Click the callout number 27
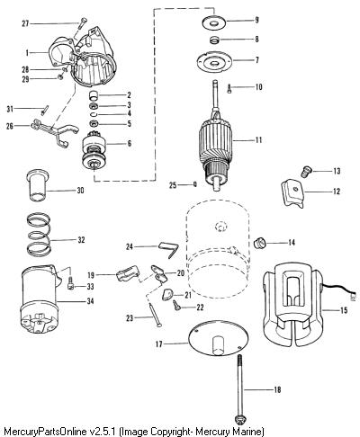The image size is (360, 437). coord(25,23)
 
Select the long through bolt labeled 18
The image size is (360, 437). coord(240,388)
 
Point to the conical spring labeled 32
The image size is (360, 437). coord(39,234)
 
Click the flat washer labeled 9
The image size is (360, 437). coord(214,22)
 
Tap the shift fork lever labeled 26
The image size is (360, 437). coord(55,132)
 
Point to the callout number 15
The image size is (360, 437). coord(344,310)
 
